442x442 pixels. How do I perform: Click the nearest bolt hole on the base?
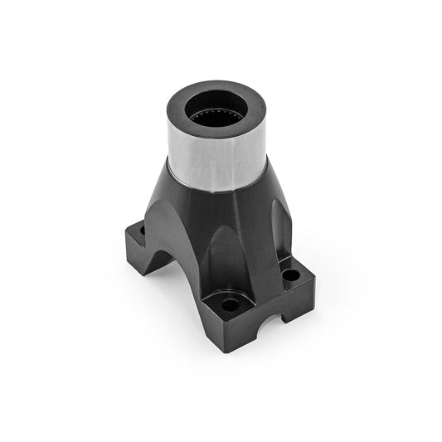(x=231, y=305)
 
